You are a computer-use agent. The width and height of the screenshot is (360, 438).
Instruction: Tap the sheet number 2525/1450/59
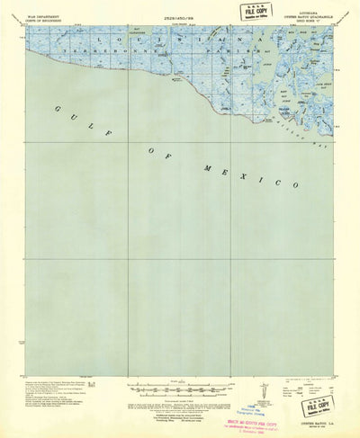click(177, 18)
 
